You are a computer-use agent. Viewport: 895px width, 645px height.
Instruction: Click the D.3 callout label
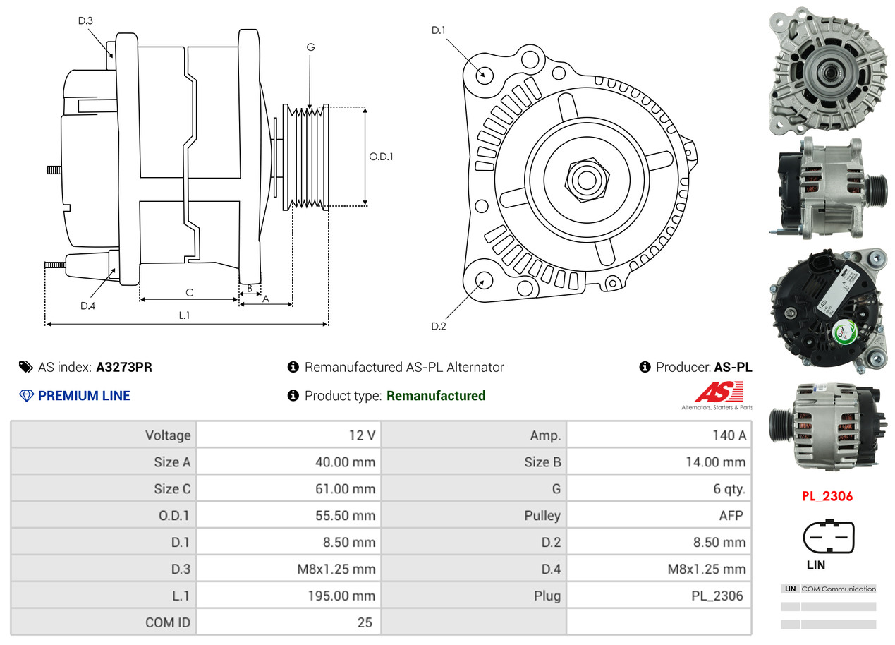(85, 20)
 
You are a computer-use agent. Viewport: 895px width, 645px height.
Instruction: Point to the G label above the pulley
(310, 47)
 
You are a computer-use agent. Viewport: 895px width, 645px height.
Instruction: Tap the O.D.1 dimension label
(381, 157)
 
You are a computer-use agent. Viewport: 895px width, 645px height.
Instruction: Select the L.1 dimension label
(184, 315)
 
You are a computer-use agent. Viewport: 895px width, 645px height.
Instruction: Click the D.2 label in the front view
(439, 326)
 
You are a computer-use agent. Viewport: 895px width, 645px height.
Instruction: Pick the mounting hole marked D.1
(484, 74)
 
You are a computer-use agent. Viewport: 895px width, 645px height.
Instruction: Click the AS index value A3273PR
(124, 367)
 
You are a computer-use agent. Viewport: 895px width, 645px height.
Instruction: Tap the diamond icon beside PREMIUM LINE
(26, 396)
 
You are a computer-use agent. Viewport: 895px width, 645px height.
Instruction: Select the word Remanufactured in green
(436, 396)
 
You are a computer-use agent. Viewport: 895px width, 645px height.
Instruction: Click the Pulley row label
(542, 516)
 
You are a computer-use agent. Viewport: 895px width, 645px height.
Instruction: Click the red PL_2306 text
(827, 496)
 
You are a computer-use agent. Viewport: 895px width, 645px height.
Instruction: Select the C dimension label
(189, 292)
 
